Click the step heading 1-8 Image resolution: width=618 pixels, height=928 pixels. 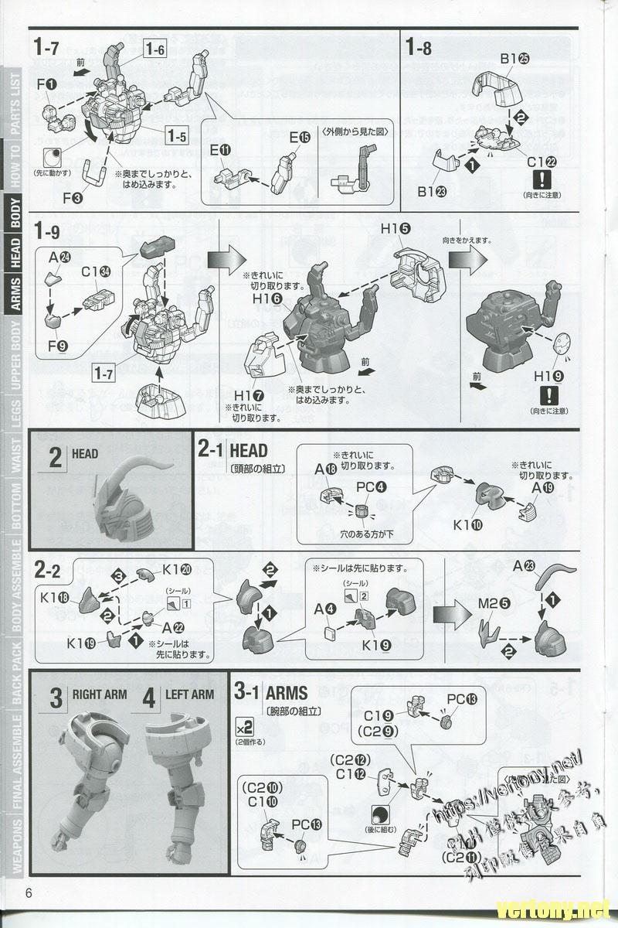418,47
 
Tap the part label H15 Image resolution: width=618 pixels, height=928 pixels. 395,230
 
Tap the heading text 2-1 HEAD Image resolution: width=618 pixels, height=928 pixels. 233,450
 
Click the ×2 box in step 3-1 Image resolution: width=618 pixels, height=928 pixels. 244,728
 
